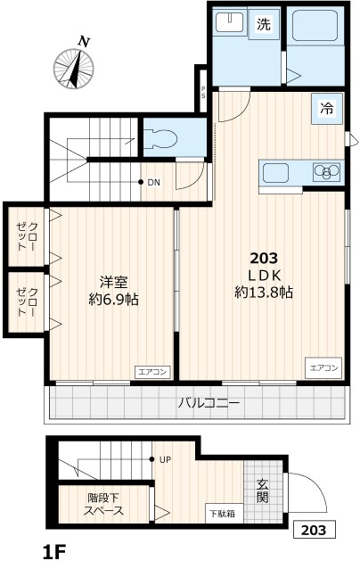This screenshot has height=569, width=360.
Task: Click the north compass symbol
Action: pos(76,66)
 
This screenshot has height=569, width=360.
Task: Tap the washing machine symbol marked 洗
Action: pos(264,25)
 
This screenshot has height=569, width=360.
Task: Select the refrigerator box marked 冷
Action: pos(326,110)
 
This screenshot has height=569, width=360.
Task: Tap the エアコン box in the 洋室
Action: pos(151,371)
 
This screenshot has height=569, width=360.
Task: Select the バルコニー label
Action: pos(209,403)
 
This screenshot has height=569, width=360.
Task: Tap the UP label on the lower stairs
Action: pos(165,460)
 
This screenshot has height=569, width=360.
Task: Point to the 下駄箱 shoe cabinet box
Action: pos(222,513)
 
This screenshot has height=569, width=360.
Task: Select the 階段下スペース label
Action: pos(105,504)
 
